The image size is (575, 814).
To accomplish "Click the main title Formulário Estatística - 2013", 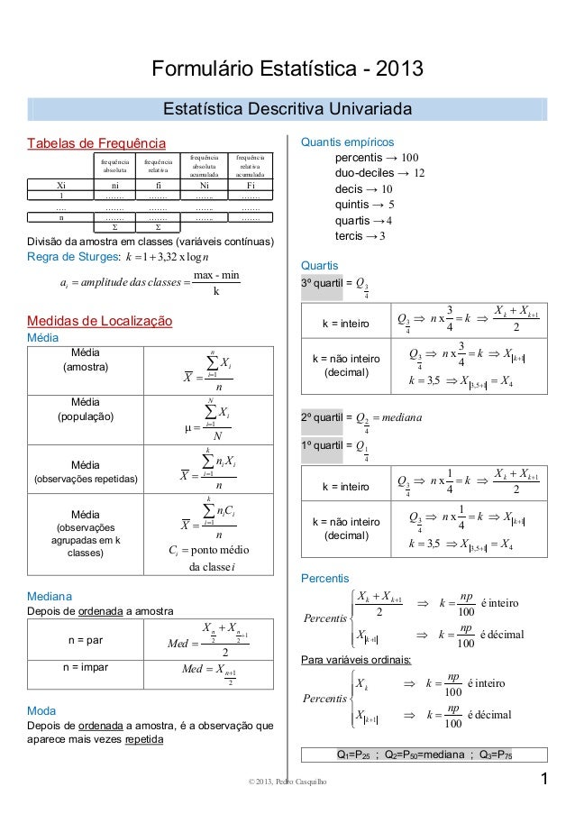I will tap(287, 69).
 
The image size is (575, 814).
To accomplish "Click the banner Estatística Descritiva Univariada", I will tap(287, 110).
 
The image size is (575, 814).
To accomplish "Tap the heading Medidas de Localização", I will tap(100, 320).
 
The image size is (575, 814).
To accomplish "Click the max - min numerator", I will tap(216, 273).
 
